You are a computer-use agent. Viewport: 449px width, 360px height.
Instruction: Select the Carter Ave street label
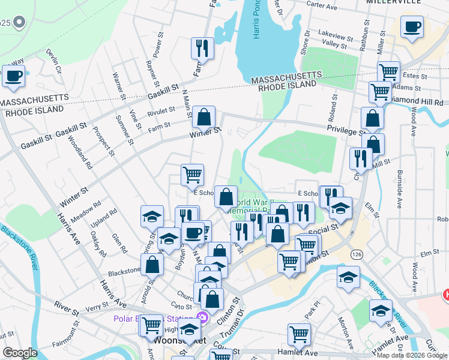pos(322,4)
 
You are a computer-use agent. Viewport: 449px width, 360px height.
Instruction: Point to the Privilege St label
pos(346,130)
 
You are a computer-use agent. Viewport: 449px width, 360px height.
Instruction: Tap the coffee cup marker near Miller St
pos(412,28)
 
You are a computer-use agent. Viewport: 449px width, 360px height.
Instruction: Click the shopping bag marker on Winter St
pos(204,117)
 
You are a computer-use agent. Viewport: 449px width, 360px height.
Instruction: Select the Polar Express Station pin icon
pos(202,317)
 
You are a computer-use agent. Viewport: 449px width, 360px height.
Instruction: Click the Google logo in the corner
pos(19,353)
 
